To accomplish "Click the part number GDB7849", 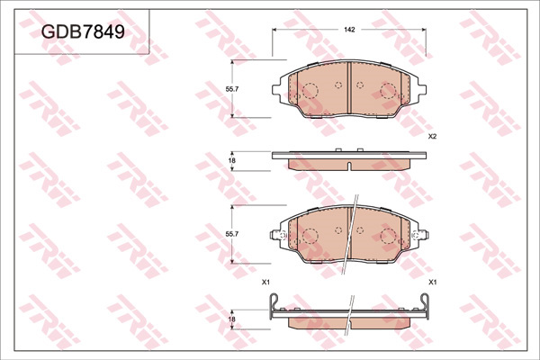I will click(x=83, y=32).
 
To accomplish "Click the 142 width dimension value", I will click(x=349, y=30).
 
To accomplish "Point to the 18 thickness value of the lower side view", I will click(x=232, y=319).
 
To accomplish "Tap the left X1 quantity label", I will click(x=265, y=283).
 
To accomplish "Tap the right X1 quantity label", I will click(x=432, y=283).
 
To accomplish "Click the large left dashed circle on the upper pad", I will click(x=309, y=91).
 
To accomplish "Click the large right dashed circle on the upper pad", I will click(x=389, y=91).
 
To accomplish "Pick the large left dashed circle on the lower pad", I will click(x=309, y=237).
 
